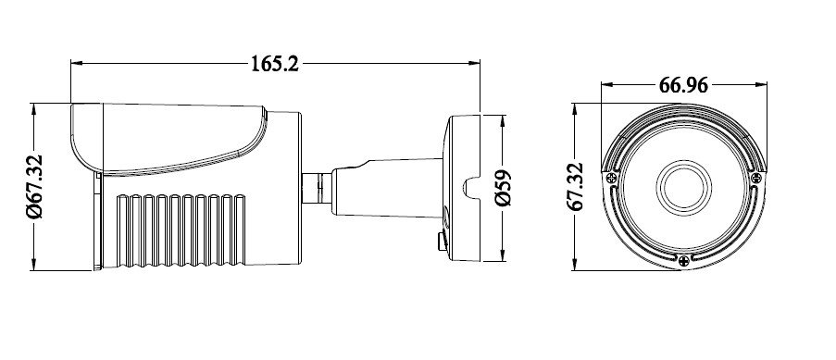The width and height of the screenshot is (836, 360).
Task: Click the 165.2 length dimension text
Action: (275, 64)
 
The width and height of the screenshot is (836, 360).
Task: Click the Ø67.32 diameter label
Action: (34, 187)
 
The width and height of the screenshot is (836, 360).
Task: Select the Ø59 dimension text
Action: (503, 188)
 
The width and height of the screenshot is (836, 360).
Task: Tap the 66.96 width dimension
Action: (683, 85)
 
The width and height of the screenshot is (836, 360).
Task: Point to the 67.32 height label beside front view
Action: (576, 187)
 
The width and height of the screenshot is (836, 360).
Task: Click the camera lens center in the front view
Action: (684, 188)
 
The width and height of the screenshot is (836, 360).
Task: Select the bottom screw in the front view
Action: (684, 261)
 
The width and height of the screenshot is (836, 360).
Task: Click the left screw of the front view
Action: (612, 178)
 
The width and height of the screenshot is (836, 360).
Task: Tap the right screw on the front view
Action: (756, 178)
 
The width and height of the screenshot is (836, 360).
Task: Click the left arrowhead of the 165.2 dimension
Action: (77, 63)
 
